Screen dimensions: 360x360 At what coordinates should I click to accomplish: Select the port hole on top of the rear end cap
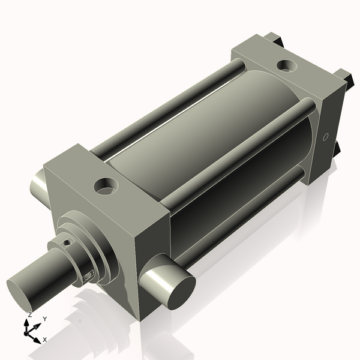[x=284, y=65]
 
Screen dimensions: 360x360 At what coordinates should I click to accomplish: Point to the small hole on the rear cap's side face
[x=325, y=137]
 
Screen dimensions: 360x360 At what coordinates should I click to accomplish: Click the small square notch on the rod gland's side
[x=88, y=275]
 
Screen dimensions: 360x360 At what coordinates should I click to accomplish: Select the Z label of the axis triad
[x=29, y=314]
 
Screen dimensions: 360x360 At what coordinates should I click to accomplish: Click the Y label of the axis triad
[x=45, y=320]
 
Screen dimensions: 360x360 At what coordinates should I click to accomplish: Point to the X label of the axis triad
[x=44, y=340]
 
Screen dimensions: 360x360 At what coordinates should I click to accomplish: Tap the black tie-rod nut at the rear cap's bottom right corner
[x=337, y=148]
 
